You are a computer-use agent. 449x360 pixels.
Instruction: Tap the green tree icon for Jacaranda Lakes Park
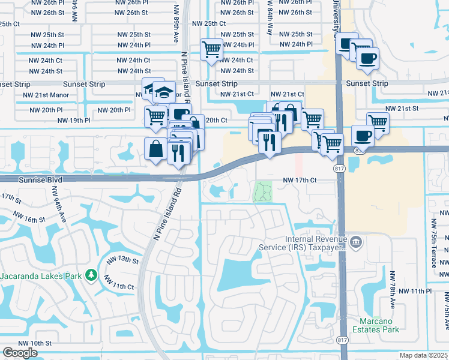pos(91,275)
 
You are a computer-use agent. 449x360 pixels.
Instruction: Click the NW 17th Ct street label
pos(299,180)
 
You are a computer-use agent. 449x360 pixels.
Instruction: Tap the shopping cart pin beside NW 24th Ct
pos(211,50)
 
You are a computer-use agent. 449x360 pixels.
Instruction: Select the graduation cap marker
pos(160,92)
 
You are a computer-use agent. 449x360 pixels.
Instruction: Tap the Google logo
pos(20,353)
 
